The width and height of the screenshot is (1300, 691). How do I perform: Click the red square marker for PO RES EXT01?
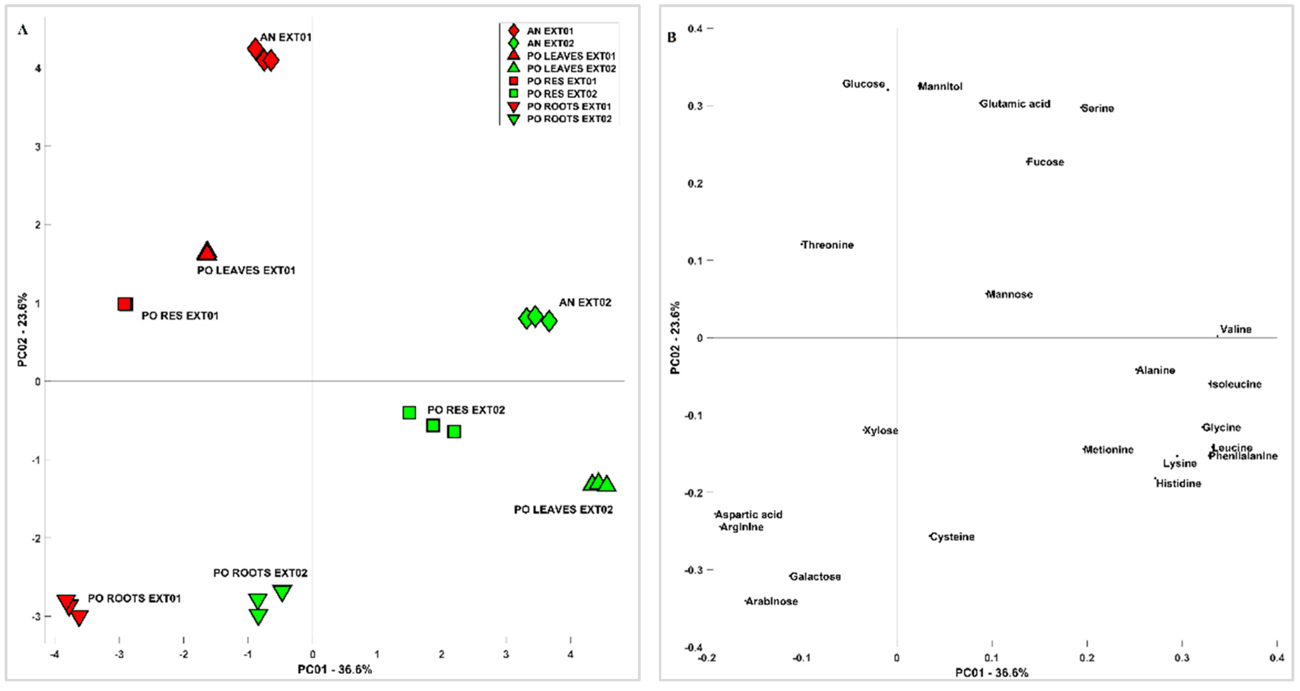coord(125,304)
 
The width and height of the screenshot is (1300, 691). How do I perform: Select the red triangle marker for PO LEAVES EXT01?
coord(206,252)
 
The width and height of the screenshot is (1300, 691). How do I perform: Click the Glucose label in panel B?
coord(864,84)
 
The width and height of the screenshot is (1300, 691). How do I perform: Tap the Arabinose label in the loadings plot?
coord(772,601)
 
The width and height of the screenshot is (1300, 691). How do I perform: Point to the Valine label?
coord(1236,329)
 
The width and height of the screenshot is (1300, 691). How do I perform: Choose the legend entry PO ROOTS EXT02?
coord(569,119)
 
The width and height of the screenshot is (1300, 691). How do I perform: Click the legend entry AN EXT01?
coord(550,31)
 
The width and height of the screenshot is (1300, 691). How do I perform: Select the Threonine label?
coord(828,245)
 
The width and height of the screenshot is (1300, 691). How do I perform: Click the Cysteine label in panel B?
coord(952,537)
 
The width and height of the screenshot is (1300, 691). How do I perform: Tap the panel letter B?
coord(671,37)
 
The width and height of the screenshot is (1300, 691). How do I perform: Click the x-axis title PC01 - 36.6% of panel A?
coord(335,669)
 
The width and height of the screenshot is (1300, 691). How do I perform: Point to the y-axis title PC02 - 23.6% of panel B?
coord(675,338)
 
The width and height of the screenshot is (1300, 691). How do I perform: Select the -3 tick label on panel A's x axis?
coord(119,655)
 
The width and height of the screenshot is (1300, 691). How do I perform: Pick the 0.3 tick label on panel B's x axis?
coord(1181,658)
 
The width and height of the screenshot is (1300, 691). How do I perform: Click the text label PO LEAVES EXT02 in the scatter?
coord(563,510)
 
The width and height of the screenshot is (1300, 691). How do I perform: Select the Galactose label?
coord(815,576)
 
